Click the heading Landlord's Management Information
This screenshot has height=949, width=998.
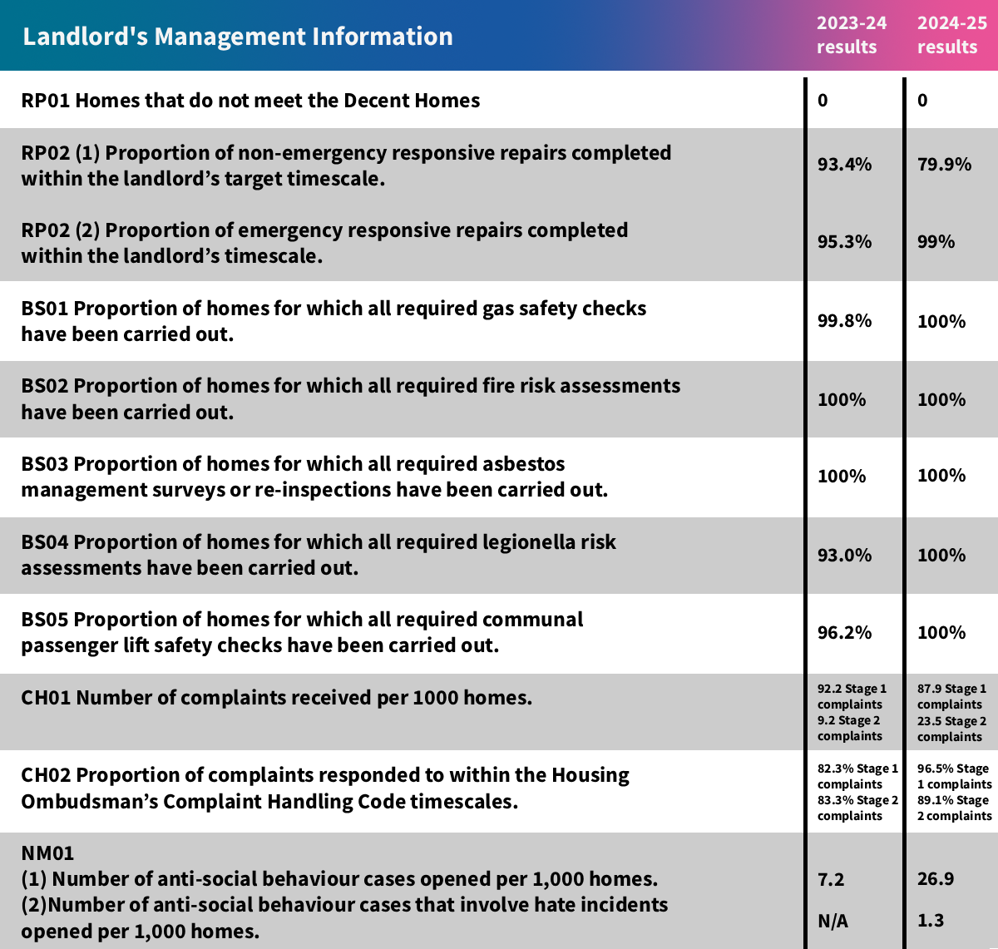click(238, 37)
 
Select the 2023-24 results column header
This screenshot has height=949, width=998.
click(851, 35)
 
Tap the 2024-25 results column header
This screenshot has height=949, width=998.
click(951, 35)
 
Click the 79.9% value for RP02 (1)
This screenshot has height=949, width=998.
click(944, 165)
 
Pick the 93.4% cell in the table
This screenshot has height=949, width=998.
click(844, 165)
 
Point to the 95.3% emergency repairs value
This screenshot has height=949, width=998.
click(844, 242)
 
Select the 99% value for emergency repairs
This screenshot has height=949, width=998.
click(936, 242)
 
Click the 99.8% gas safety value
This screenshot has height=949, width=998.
click(844, 321)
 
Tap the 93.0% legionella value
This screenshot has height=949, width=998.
click(844, 556)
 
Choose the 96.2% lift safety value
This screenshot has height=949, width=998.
click(844, 633)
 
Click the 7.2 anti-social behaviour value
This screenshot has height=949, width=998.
click(831, 879)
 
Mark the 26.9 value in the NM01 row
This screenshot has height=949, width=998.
click(936, 879)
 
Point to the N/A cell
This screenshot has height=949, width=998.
click(833, 921)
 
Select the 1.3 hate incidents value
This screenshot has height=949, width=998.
click(931, 921)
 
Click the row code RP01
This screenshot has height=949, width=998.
click(46, 101)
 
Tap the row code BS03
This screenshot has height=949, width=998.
click(46, 464)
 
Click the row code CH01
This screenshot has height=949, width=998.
click(47, 698)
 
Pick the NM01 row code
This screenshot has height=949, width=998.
click(47, 853)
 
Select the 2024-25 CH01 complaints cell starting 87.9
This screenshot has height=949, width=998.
click(951, 713)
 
